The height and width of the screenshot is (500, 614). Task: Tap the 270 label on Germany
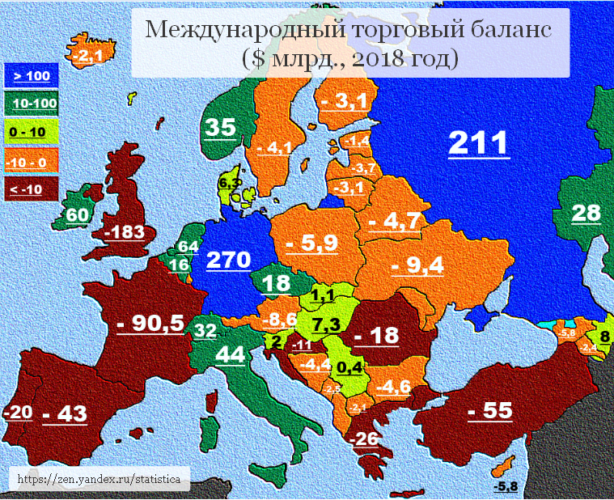pos(229,260)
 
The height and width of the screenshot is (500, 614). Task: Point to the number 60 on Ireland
pos(77,215)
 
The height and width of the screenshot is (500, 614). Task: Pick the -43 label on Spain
pos(64,413)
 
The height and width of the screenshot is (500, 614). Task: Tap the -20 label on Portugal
pos(18,413)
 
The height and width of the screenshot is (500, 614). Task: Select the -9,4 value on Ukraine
pos(417,265)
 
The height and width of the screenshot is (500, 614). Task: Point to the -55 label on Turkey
pos(490,410)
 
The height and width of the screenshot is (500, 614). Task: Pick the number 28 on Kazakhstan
pos(587,214)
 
